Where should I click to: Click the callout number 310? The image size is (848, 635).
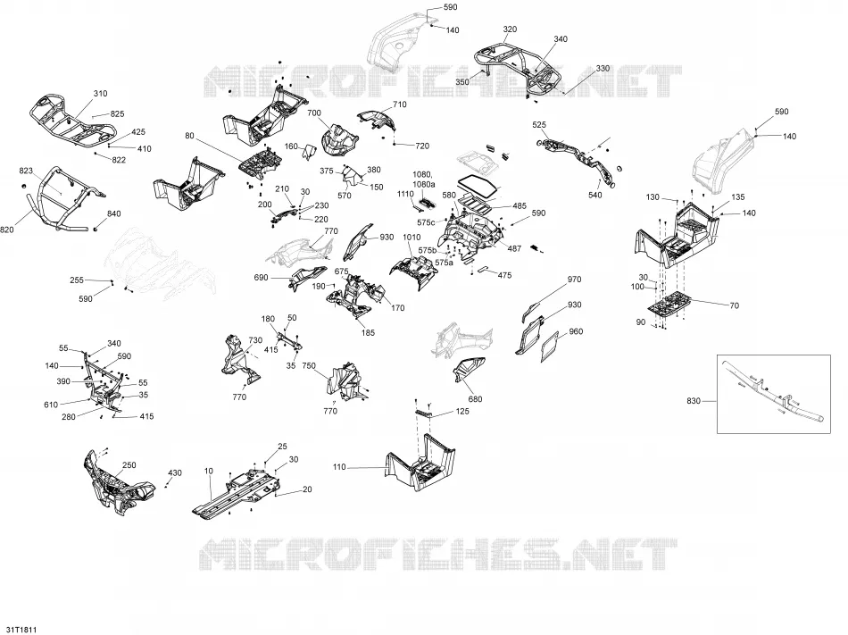pyautogui.click(x=101, y=94)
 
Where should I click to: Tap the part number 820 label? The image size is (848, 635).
pyautogui.click(x=6, y=230)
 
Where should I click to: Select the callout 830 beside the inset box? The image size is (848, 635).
pyautogui.click(x=694, y=401)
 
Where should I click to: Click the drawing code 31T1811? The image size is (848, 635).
pyautogui.click(x=19, y=631)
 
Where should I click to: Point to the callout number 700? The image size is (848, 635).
pyautogui.click(x=314, y=113)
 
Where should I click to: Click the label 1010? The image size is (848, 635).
pyautogui.click(x=412, y=238)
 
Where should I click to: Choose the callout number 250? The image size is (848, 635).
pyautogui.click(x=129, y=465)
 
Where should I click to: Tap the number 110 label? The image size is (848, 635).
pyautogui.click(x=339, y=467)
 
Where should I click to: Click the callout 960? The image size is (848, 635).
pyautogui.click(x=576, y=331)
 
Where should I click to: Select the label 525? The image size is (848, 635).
pyautogui.click(x=539, y=125)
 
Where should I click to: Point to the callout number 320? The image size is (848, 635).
pyautogui.click(x=510, y=29)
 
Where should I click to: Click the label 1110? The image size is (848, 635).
pyautogui.click(x=405, y=194)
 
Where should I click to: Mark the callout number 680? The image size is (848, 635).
pyautogui.click(x=475, y=399)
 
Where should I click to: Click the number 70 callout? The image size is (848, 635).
pyautogui.click(x=734, y=305)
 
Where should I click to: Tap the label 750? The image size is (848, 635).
pyautogui.click(x=309, y=365)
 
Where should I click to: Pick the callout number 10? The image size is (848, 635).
pyautogui.click(x=209, y=471)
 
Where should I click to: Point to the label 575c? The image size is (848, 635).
pyautogui.click(x=426, y=222)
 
